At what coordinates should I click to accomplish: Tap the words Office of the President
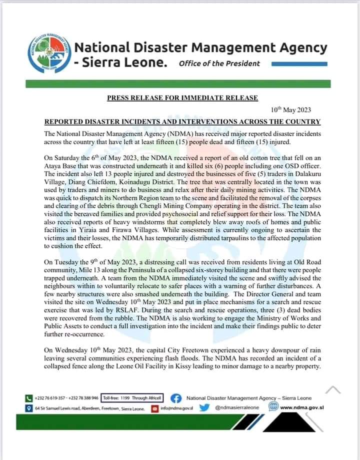point(219,63)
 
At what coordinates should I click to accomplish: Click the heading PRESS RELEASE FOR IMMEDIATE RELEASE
point(182,98)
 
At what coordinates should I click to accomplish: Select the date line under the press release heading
point(290,110)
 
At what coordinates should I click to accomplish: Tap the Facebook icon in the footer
point(175,398)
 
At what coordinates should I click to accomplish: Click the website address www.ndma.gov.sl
point(302,407)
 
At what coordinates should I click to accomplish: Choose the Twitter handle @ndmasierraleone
point(237,407)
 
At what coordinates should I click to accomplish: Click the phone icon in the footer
point(28,398)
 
